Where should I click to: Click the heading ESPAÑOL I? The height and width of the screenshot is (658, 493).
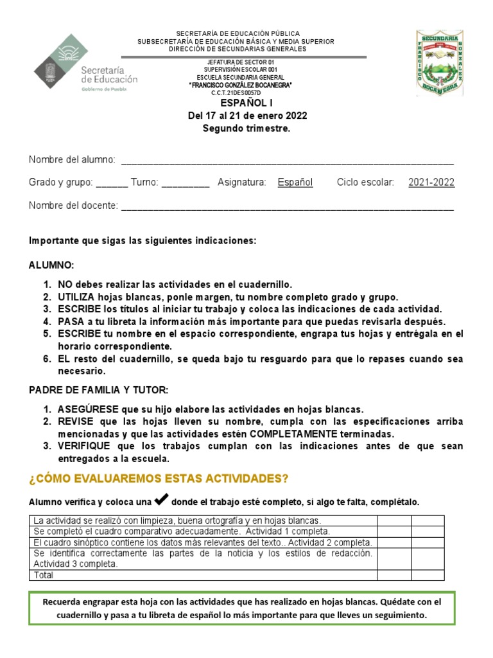[x=246, y=103]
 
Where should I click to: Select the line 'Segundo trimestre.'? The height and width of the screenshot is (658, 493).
[x=246, y=129]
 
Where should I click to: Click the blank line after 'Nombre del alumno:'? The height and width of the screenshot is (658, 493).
[x=287, y=160]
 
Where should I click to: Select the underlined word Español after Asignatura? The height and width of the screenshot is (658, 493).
[x=295, y=182]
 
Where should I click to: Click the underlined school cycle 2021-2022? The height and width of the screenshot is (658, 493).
[x=431, y=182]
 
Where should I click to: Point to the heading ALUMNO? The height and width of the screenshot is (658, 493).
[x=51, y=265]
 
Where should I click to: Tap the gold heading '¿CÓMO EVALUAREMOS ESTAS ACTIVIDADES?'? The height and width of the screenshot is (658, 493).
[x=159, y=479]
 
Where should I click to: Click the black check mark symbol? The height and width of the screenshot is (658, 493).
[x=162, y=500]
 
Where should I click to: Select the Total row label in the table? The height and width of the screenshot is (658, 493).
[x=44, y=575]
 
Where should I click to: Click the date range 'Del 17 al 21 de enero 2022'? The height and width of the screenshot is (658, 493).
[x=246, y=116]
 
